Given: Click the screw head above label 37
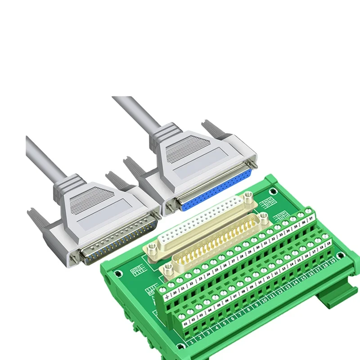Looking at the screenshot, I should (x=308, y=210).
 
